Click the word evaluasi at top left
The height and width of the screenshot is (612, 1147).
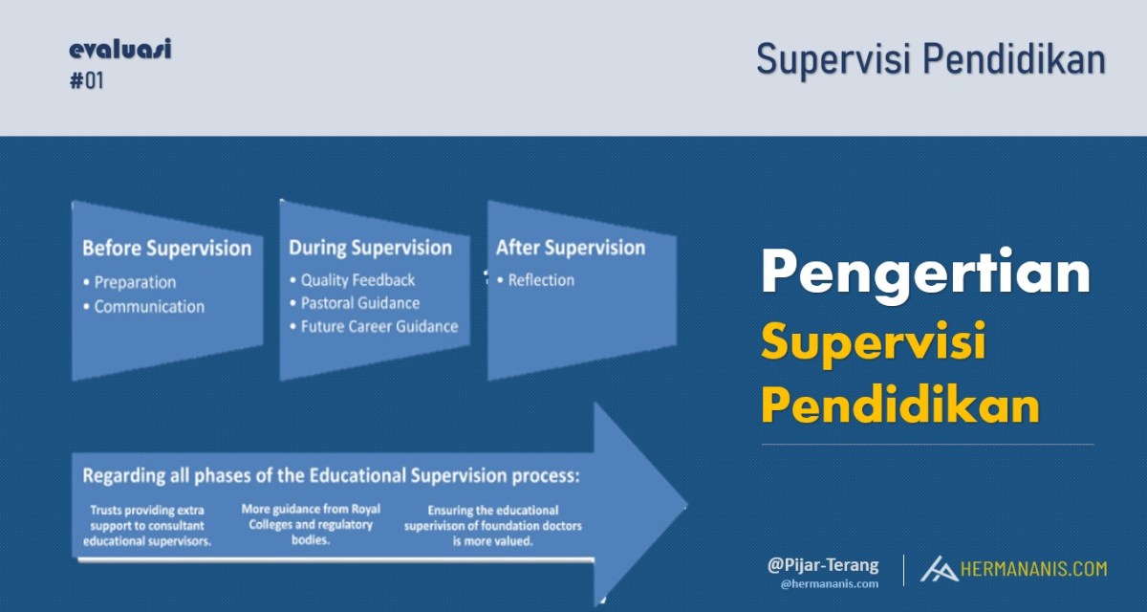pos(120,49)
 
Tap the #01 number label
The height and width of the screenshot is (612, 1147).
pos(87,81)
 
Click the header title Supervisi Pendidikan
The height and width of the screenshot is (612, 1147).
pos(931,60)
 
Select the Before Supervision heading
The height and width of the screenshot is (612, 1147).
pos(167,249)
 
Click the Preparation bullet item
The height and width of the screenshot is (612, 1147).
pos(130,282)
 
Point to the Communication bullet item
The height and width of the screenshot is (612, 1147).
pos(144,307)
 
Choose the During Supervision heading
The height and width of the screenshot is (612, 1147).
pos(370,248)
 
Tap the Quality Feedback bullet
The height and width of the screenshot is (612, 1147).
pos(353,280)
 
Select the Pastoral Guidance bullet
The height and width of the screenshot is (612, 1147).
pos(355,303)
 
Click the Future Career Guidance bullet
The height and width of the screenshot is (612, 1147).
pos(374,327)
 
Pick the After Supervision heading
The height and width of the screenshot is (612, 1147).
pos(571,248)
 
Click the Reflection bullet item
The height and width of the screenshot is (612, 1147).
pos(535,280)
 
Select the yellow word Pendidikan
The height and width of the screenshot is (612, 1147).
pos(900,404)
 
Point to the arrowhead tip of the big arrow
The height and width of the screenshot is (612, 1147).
pos(686,507)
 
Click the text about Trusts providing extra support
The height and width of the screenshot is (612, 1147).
pos(147,526)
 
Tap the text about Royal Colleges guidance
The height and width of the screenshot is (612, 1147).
pos(311,524)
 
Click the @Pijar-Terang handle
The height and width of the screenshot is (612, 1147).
pos(823,565)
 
